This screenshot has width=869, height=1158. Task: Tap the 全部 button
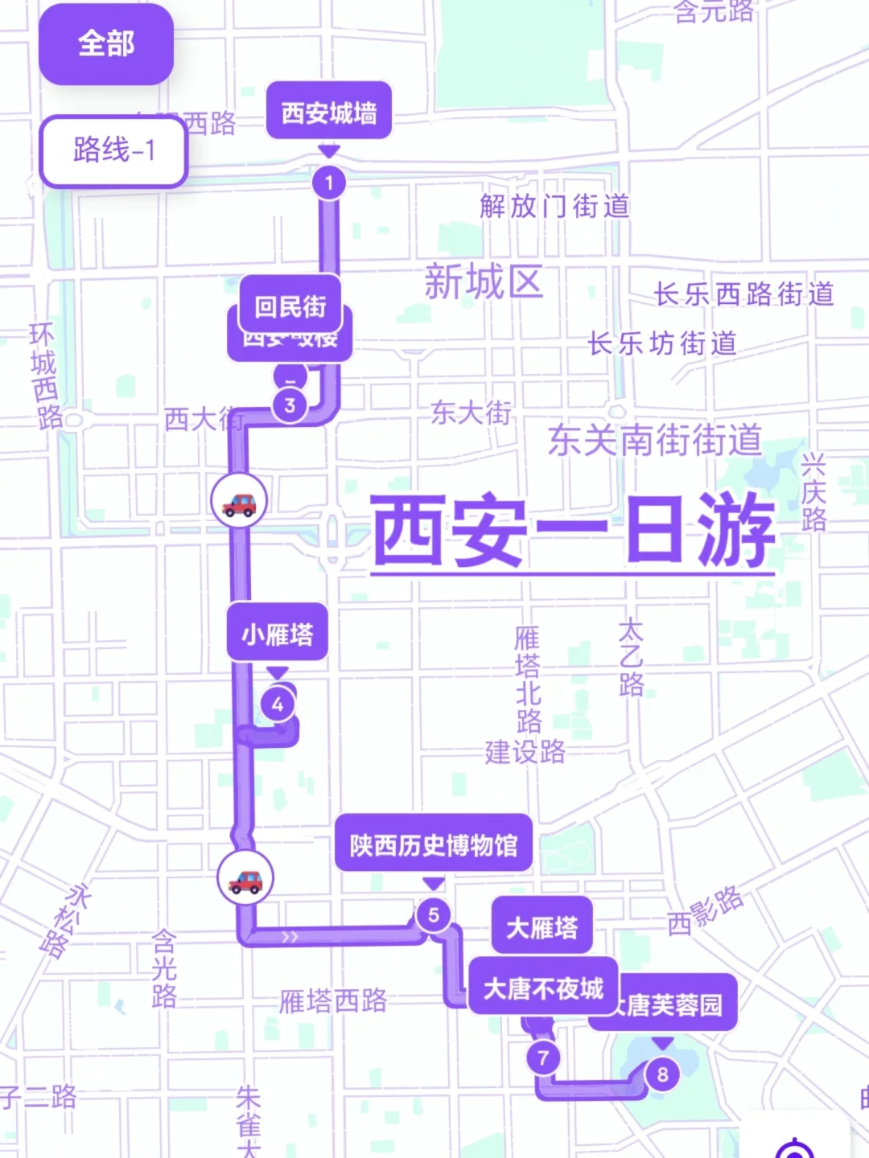pos(106,44)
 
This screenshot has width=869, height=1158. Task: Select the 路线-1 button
pos(113,150)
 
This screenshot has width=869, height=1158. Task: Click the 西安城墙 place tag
pos(329,113)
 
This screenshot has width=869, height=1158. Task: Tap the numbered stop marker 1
pos(328,183)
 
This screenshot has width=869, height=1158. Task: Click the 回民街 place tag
pos(290,306)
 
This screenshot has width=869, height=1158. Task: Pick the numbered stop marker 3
pos(290,405)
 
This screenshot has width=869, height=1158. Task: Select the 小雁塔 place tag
pos(278,634)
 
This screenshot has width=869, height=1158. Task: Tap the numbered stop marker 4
pos(278,704)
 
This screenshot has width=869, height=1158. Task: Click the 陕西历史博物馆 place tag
pos(434,844)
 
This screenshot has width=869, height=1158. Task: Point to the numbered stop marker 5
pos(434,914)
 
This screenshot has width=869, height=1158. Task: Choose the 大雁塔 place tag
pos(542,927)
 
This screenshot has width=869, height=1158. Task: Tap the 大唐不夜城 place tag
pos(543,988)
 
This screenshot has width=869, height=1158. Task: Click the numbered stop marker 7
pos(543,1057)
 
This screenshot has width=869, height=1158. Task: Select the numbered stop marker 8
pos(662,1074)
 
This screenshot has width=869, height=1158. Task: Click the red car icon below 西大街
pos(239,501)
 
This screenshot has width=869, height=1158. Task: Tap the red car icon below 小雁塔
pos(245,878)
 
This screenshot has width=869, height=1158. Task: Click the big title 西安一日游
pos(572,531)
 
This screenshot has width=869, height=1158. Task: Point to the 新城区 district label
pos(484,282)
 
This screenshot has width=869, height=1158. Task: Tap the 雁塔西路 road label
pos(333,1001)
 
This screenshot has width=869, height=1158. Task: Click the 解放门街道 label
pos(554,207)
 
